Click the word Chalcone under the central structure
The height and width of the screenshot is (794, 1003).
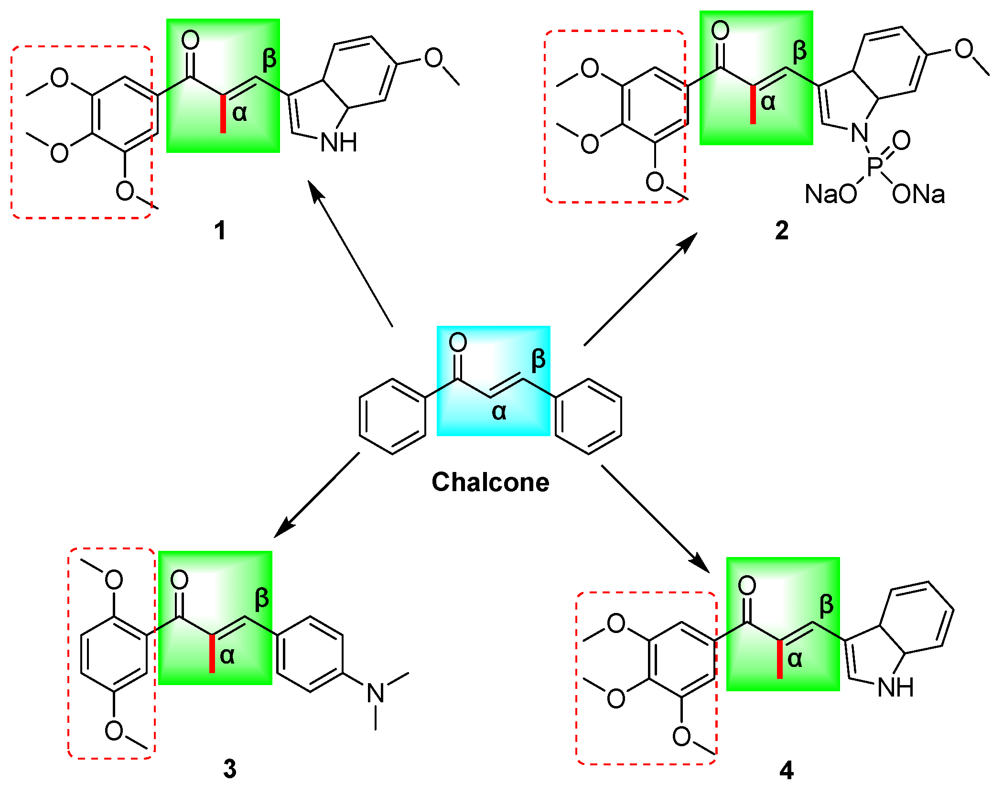490,483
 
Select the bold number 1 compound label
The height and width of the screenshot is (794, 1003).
220,231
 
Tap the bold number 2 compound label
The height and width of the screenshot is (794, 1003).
782,231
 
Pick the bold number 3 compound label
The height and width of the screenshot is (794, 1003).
230,769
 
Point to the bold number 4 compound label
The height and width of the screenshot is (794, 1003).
787,771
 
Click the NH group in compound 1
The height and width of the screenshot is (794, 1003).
339,142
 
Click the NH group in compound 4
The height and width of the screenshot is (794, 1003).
895,688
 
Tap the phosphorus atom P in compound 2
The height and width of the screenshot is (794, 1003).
875,167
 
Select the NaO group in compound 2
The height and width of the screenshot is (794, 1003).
831,194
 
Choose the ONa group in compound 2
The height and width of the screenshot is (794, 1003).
918,194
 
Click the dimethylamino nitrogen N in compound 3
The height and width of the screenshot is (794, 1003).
376,693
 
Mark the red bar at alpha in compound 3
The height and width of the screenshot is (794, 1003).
212,654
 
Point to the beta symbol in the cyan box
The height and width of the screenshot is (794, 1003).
538,360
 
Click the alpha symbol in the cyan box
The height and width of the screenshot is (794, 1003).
499,412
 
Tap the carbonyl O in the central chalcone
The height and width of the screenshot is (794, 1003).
458,343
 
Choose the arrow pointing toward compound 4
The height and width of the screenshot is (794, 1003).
655,518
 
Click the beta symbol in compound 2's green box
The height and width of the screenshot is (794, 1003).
800,52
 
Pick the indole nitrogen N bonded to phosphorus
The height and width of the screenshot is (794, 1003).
860,132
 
